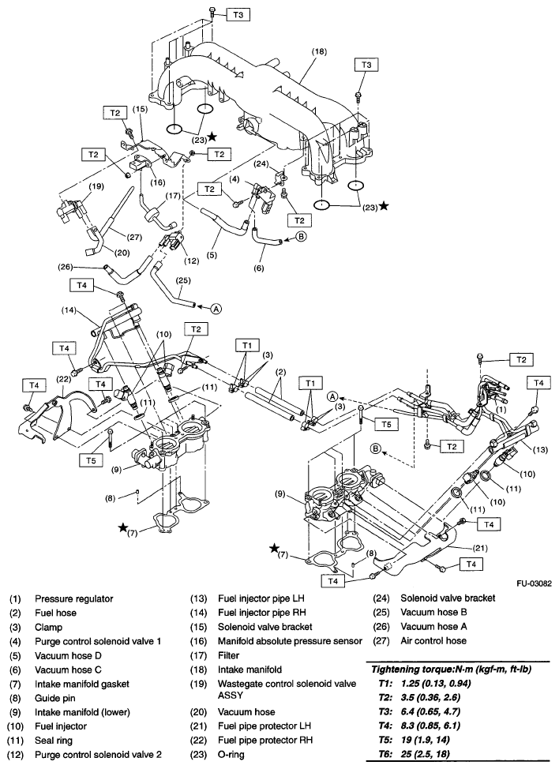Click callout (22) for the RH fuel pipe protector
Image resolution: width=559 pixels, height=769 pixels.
click(x=62, y=380)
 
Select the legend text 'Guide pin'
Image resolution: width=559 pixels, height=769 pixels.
click(x=56, y=699)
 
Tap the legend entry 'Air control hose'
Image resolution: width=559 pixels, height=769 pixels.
click(x=433, y=642)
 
